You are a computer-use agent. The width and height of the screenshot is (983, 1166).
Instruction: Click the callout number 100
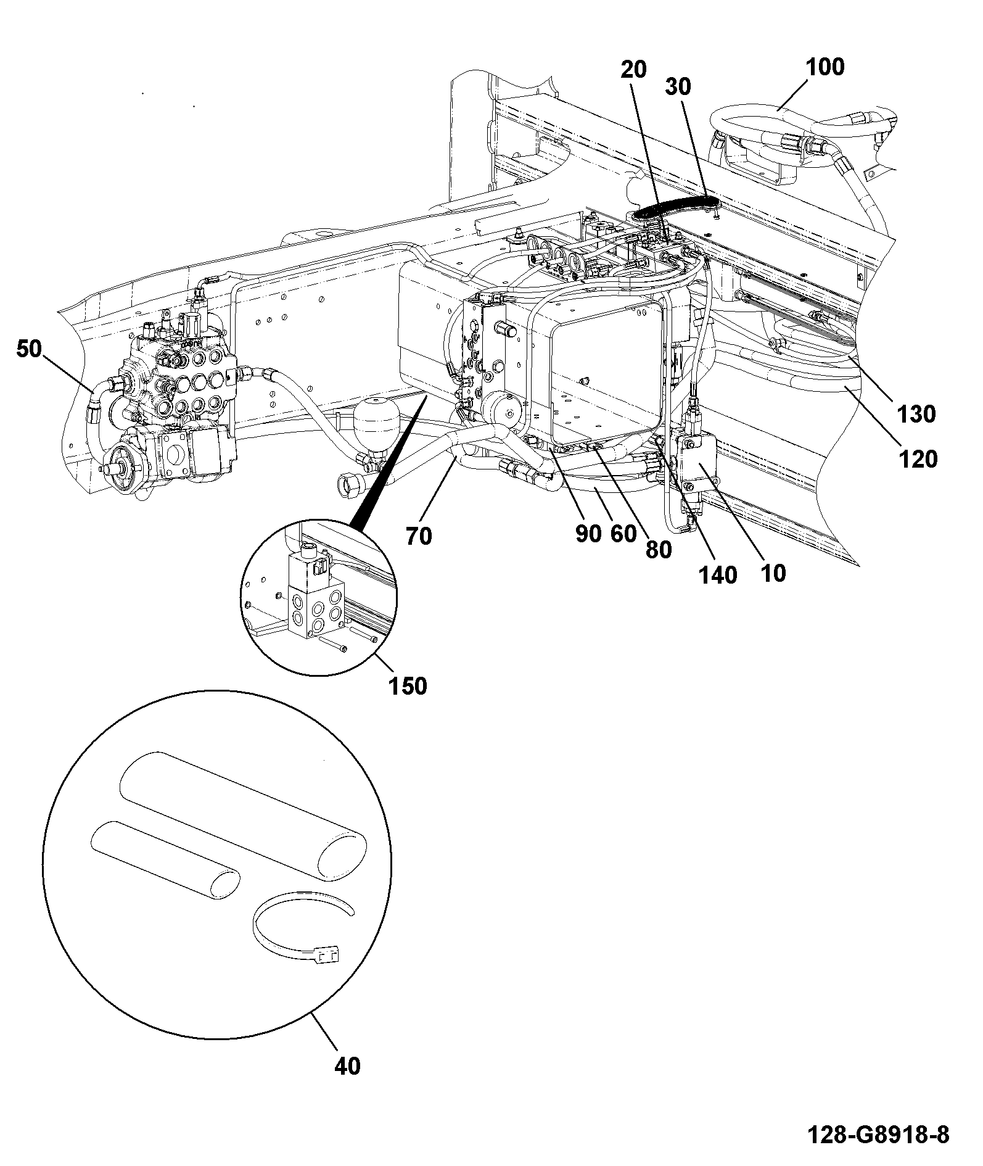[825, 67]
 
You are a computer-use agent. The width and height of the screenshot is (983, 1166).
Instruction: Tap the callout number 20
[633, 70]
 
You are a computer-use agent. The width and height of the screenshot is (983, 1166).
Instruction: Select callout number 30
[678, 87]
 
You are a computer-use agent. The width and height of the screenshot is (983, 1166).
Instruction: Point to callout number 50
[29, 349]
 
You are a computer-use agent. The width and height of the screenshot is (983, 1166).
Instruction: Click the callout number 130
[917, 414]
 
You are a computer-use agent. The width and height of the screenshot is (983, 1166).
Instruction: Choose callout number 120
[918, 459]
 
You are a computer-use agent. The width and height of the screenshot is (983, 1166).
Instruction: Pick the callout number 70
[419, 536]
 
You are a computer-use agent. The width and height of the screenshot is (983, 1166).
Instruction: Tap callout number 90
[588, 534]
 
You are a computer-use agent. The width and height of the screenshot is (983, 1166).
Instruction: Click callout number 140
[718, 575]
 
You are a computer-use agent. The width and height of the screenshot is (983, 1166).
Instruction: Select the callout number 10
[773, 573]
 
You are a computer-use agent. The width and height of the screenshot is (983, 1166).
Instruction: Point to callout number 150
[408, 685]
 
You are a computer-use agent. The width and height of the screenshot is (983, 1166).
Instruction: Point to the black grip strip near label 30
[675, 206]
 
